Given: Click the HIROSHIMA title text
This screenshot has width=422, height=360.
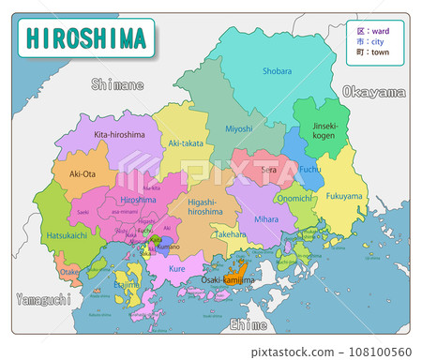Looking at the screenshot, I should (86, 38).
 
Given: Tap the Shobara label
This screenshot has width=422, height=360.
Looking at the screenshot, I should (277, 70).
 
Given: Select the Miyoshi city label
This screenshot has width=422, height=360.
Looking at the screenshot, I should (239, 128).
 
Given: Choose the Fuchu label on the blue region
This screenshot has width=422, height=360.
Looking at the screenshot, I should (309, 170).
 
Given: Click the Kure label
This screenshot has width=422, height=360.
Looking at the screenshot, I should (176, 269).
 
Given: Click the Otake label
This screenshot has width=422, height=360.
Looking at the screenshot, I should (70, 272).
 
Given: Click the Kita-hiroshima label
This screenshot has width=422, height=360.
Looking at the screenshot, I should (119, 135).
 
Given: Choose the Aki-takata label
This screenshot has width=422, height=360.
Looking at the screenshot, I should (186, 142).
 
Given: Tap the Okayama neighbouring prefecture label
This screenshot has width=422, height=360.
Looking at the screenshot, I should (373, 92).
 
